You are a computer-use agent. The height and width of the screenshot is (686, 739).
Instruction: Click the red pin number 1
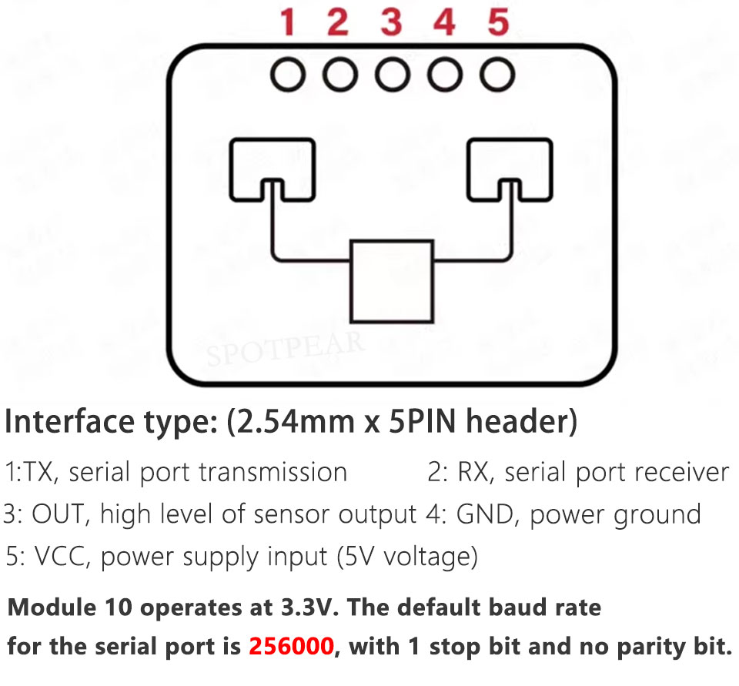tap(288, 22)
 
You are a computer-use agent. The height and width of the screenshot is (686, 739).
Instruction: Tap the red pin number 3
tap(391, 22)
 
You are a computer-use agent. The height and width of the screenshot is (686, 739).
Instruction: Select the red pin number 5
tap(498, 22)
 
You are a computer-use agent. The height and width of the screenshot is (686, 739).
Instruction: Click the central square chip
tap(392, 281)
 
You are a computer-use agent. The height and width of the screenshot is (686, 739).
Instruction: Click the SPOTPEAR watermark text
tap(285, 350)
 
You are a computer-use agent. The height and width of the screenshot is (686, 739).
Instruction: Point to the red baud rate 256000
tap(292, 645)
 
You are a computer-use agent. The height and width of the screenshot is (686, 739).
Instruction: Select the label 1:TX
tap(30, 472)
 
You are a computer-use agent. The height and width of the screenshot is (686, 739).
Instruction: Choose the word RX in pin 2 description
tap(472, 472)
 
